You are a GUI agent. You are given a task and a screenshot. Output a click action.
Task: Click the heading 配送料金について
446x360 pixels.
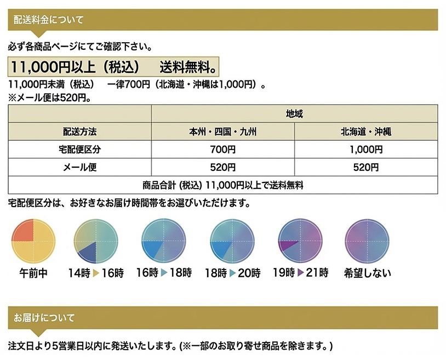click(48, 20)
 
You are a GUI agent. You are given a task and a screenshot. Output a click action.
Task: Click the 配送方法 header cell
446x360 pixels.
click(80, 132)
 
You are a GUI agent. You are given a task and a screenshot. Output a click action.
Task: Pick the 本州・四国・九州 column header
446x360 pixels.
click(223, 132)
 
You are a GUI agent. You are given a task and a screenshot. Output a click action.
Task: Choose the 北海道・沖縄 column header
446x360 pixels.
click(366, 132)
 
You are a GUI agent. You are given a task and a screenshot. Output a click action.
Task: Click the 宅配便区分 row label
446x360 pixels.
click(80, 150)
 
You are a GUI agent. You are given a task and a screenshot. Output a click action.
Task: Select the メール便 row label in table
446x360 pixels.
click(80, 167)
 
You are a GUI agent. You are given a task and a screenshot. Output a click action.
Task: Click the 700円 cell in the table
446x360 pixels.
click(223, 150)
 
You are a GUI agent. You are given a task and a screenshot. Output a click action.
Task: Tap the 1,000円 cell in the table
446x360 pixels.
click(366, 150)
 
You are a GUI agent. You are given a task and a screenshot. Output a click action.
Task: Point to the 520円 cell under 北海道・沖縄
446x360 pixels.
click(366, 167)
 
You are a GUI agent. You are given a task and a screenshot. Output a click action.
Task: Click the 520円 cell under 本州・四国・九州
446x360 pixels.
click(223, 167)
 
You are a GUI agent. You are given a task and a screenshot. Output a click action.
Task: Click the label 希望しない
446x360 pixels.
click(367, 273)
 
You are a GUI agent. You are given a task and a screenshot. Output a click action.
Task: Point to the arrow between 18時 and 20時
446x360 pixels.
click(232, 273)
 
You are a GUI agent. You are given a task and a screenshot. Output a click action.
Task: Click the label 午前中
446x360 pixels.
click(34, 273)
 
